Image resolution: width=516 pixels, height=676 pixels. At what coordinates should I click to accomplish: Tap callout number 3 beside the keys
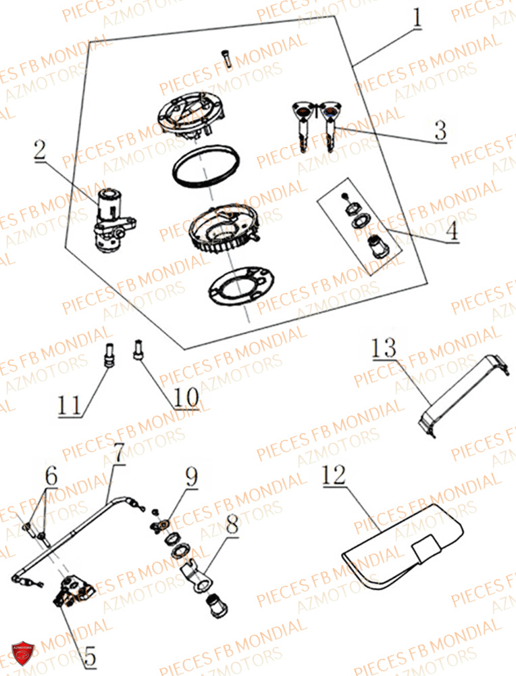click(x=440, y=130)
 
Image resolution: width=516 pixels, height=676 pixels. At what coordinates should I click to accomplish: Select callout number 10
click(x=187, y=397)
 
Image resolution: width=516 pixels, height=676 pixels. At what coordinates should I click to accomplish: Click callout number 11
click(x=70, y=405)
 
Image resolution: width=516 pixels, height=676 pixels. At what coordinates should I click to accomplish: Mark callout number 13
click(x=384, y=349)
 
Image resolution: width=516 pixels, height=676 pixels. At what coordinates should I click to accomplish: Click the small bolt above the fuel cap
click(x=227, y=59)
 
